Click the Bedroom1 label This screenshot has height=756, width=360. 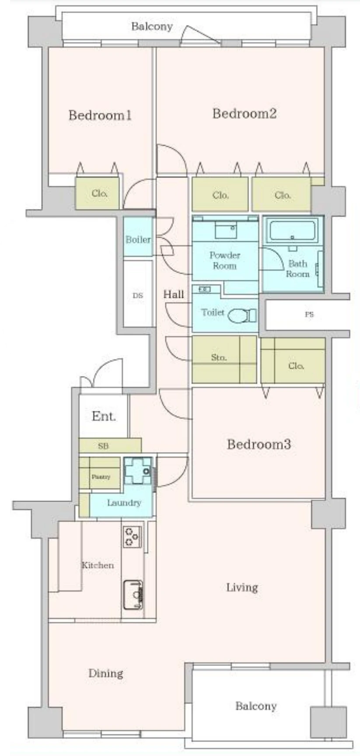tap(100, 115)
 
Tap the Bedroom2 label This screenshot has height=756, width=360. tap(245, 114)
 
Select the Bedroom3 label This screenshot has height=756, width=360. tap(259, 444)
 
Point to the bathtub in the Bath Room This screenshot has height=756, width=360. tap(292, 231)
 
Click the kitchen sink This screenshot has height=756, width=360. tap(133, 595)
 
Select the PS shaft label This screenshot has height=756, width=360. tap(309, 314)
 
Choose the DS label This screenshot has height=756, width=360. tap(138, 296)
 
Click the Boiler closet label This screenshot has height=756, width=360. tap(138, 240)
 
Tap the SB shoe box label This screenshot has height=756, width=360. tap(103, 446)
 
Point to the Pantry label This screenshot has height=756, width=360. tap(101, 477)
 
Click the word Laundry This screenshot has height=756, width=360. tap(124, 503)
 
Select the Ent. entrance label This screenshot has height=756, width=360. tap(104, 416)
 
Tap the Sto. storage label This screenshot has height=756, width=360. tap(219, 358)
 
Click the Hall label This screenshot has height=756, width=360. tap(174, 294)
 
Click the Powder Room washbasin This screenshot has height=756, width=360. tap(226, 229)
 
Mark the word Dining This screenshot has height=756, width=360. tap(106, 673)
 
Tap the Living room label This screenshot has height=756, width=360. tap(242, 588)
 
